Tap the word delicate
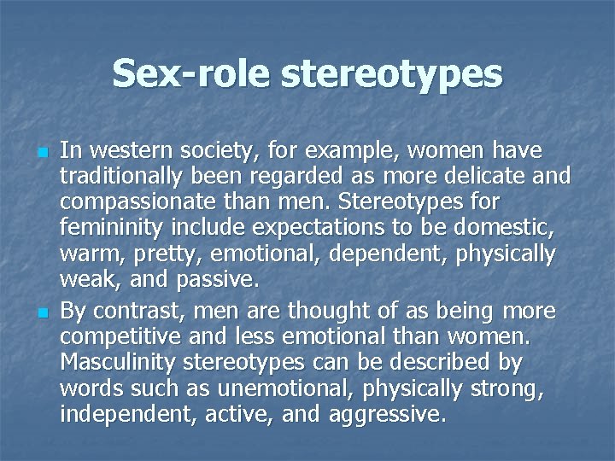[x=475, y=178]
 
